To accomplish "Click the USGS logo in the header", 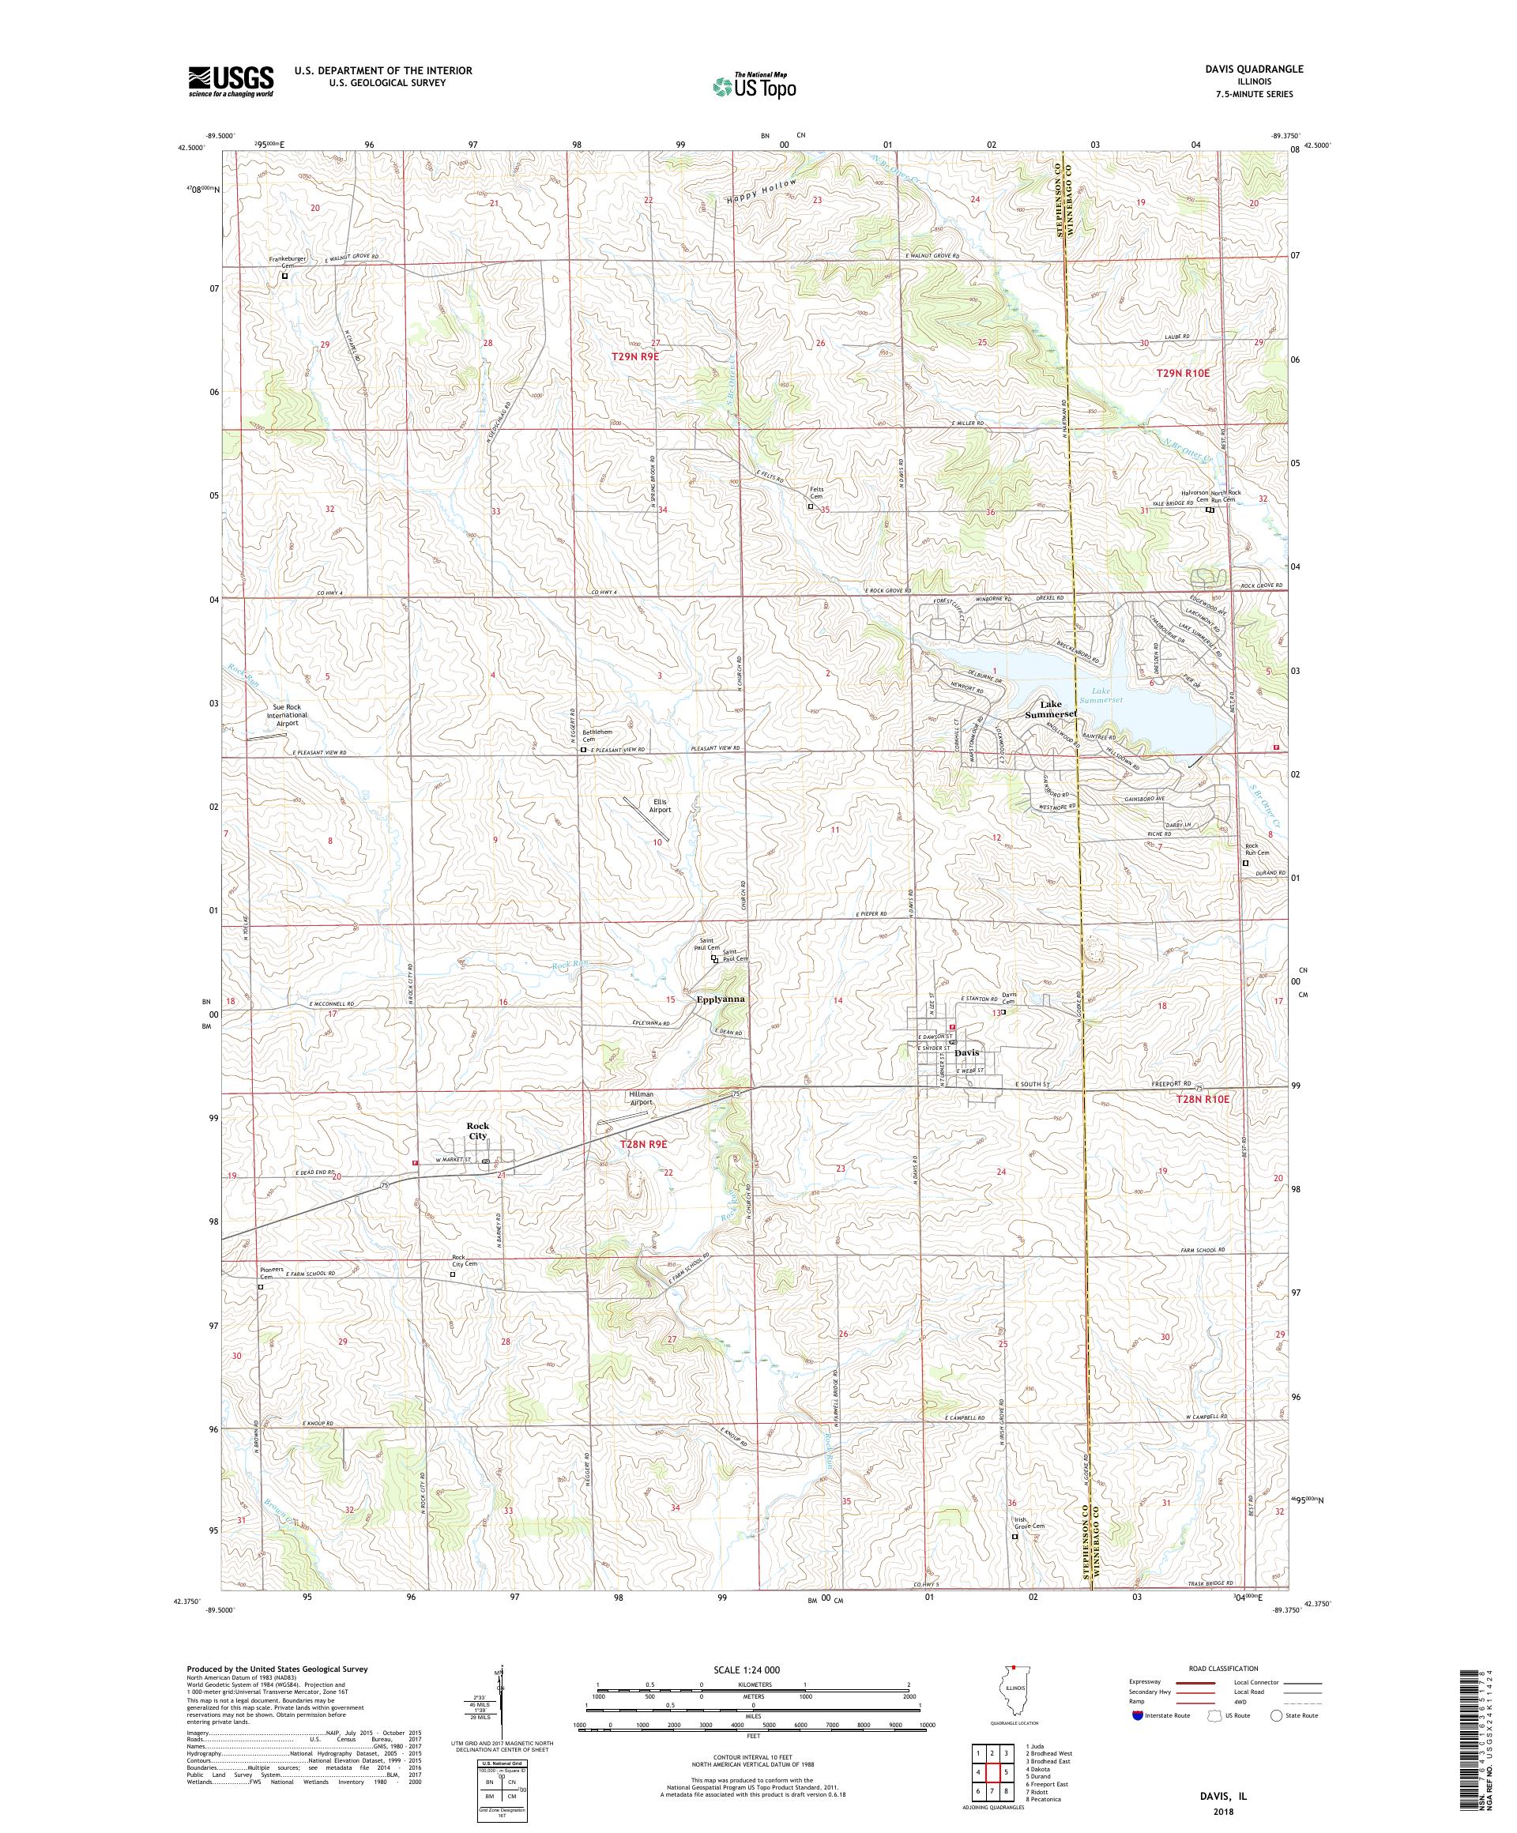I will [x=231, y=82].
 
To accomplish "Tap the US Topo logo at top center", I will [x=755, y=85].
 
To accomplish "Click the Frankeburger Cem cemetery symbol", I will [x=284, y=276].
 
